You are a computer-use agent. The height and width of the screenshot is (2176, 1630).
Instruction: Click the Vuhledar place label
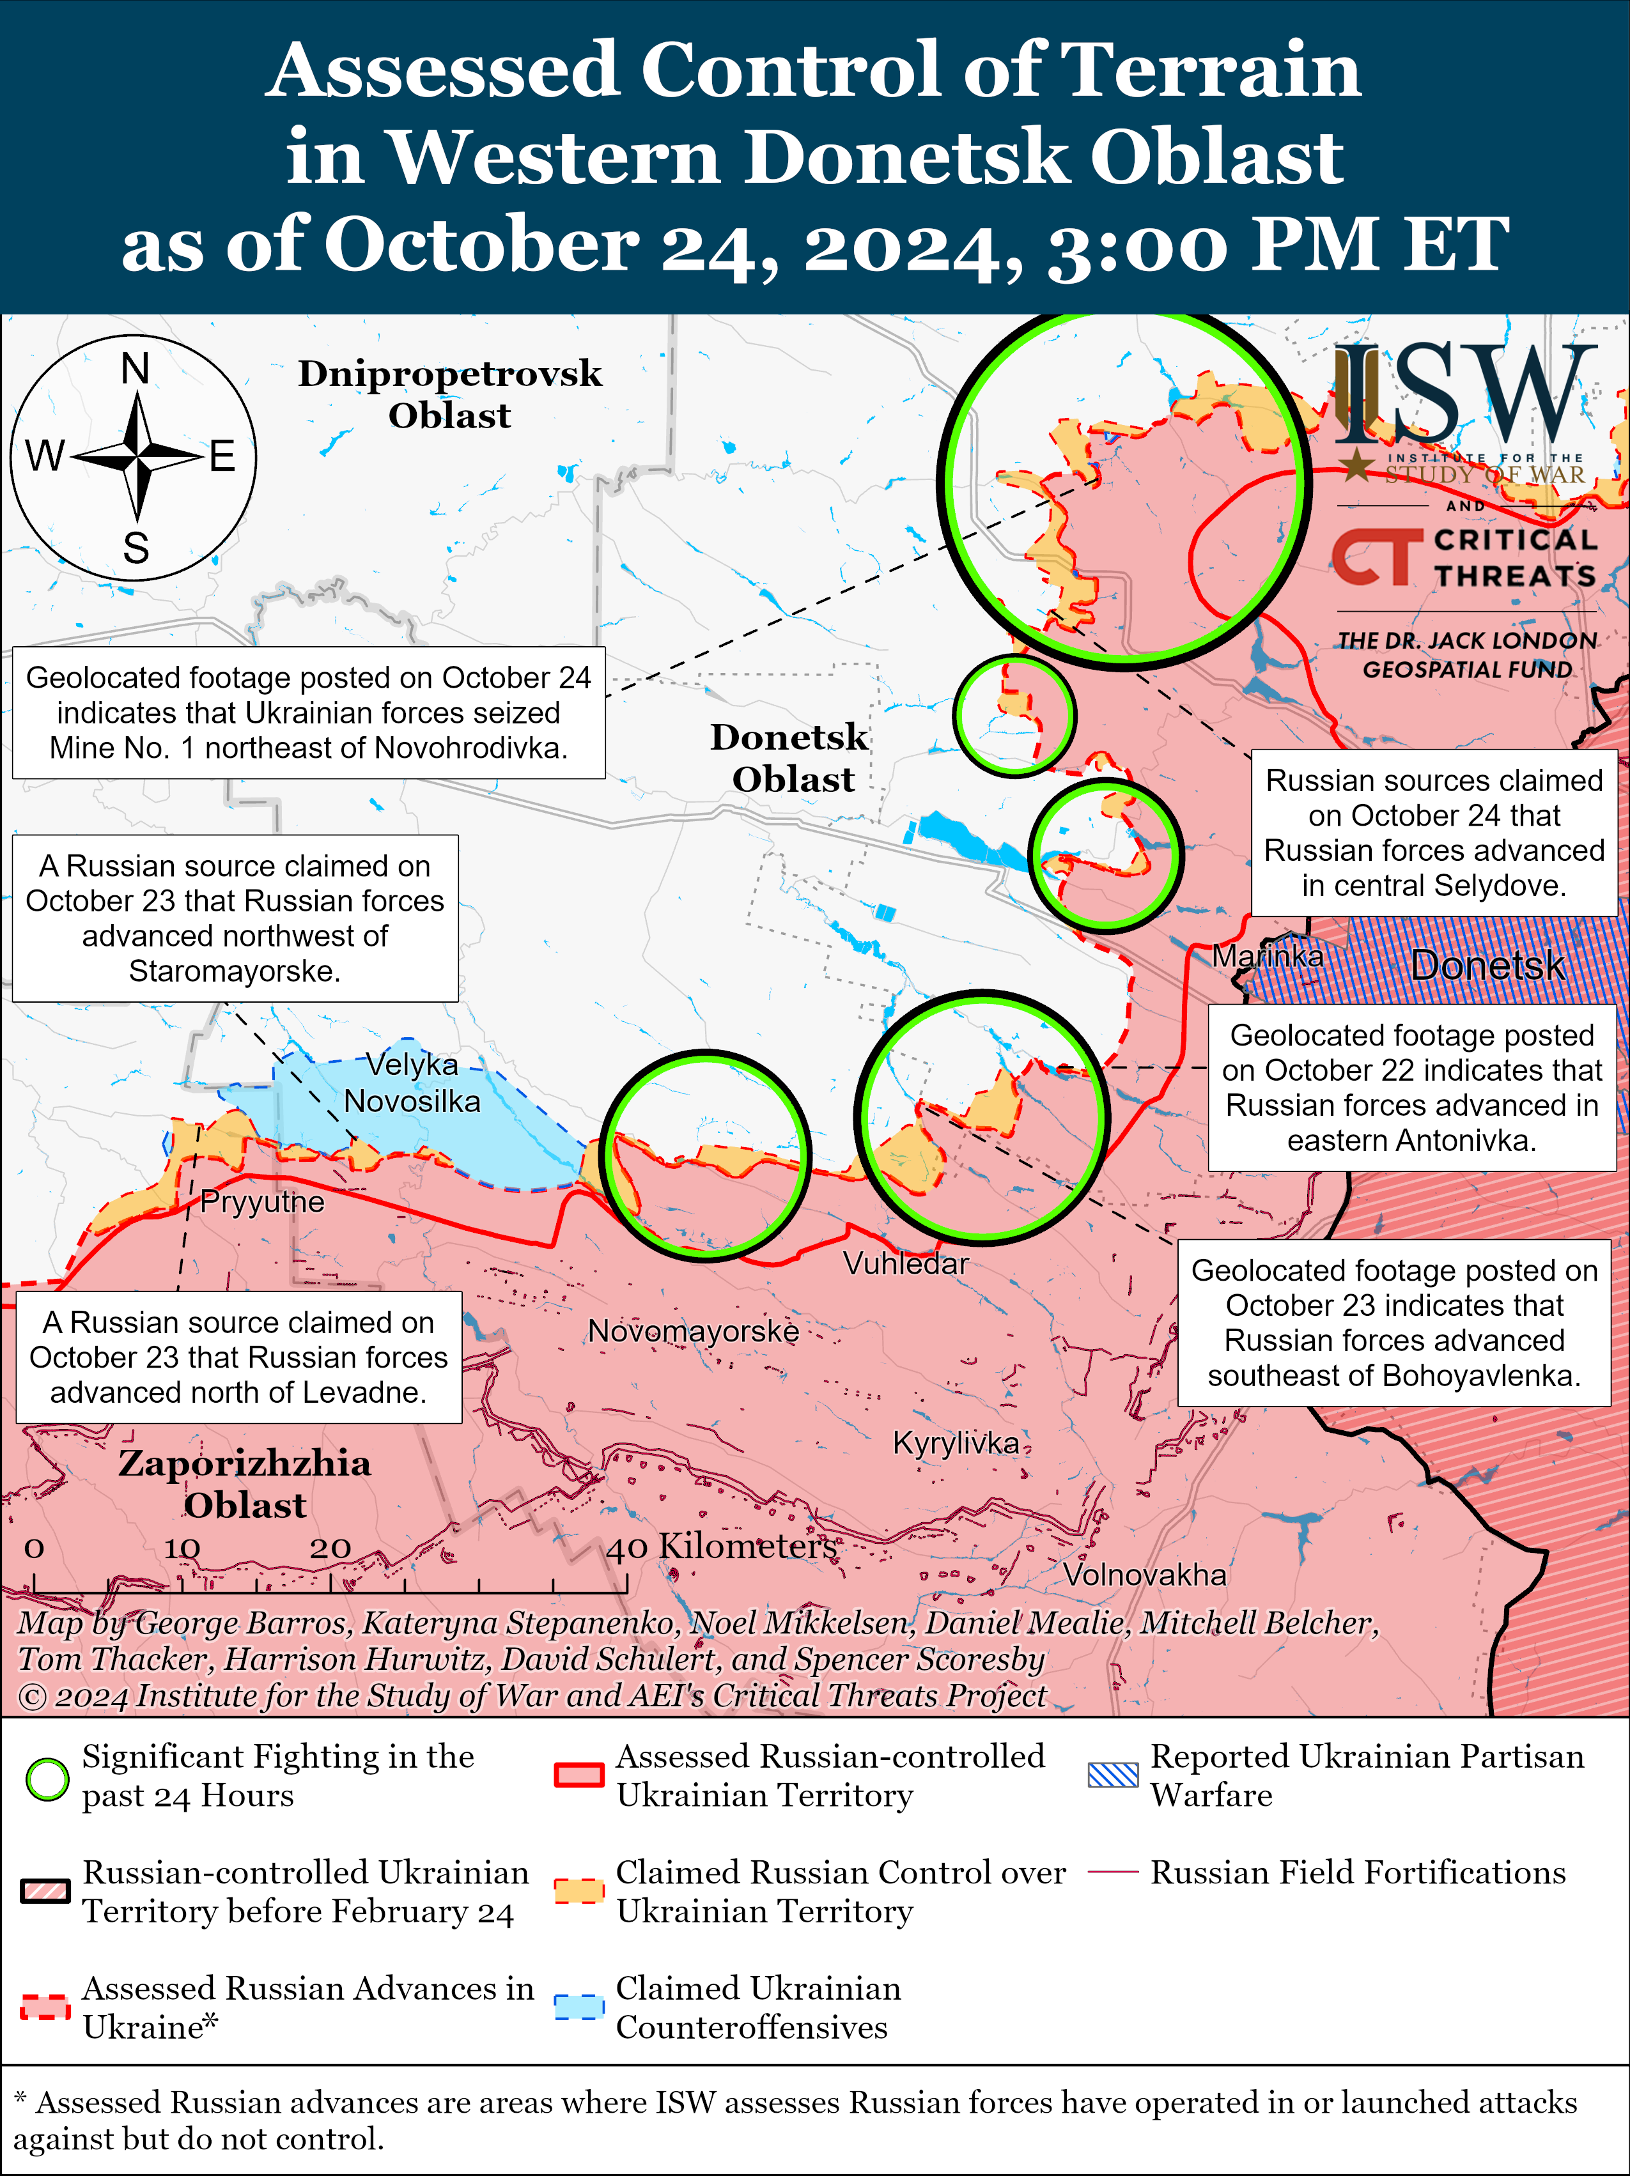click(x=905, y=1263)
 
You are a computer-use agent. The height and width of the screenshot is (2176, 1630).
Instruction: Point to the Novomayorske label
click(x=692, y=1331)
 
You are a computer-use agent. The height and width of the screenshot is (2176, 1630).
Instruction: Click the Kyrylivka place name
click(x=955, y=1442)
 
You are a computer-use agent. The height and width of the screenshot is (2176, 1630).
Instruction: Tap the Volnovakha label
click(x=1144, y=1575)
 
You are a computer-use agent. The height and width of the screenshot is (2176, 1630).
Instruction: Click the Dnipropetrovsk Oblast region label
click(x=449, y=394)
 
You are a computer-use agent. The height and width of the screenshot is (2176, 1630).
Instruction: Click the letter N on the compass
click(x=135, y=369)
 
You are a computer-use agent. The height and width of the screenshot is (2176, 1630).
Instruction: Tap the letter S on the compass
click(x=136, y=547)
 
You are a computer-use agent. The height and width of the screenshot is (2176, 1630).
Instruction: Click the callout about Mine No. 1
click(x=308, y=712)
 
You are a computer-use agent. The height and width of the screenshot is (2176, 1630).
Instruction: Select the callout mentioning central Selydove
click(x=1433, y=832)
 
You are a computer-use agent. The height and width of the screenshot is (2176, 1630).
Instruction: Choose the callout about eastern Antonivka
click(x=1411, y=1087)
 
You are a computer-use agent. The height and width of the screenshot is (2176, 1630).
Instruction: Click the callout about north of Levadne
click(x=238, y=1357)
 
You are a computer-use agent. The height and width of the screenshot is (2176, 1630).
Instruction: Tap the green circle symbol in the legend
click(x=46, y=1778)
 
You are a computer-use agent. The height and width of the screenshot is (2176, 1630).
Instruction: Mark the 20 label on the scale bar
click(x=330, y=1547)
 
